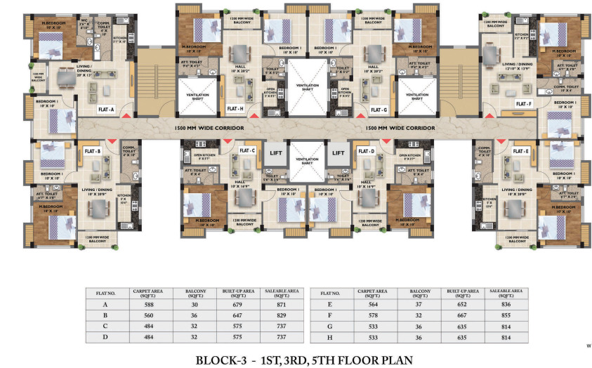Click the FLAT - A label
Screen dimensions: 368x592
[107, 110]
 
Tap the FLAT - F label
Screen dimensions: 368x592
[523, 104]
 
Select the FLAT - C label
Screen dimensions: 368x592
[247, 151]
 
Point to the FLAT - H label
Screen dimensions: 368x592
[235, 110]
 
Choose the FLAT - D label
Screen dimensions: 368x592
[365, 151]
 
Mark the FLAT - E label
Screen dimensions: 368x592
[520, 151]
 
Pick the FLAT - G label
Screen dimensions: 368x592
[379, 110]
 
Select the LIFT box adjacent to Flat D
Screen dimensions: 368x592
[338, 152]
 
